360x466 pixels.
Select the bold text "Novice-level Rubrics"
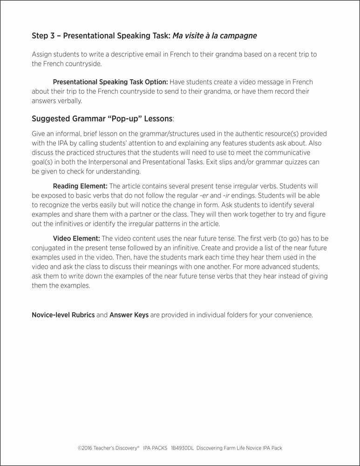click(63, 315)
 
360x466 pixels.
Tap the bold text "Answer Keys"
click(129, 315)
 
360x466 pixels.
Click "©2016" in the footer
click(84, 448)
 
